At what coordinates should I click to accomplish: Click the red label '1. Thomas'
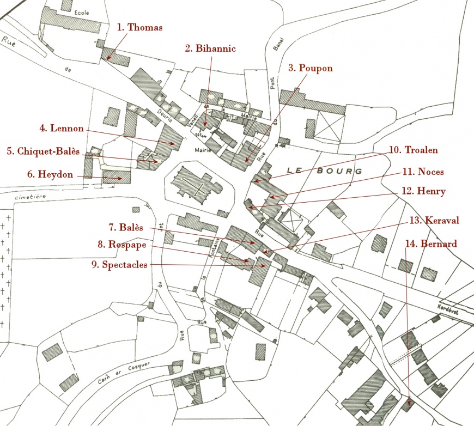(140, 27)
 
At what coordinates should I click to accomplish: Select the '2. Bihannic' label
(210, 48)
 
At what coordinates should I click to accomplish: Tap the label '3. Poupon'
(310, 68)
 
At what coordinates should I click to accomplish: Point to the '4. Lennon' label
(62, 129)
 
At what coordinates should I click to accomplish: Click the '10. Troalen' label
(414, 149)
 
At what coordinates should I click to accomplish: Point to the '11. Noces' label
(423, 172)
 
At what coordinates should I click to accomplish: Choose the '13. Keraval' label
(434, 220)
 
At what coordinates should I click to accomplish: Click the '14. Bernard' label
(430, 243)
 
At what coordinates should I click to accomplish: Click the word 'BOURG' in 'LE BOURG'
(343, 171)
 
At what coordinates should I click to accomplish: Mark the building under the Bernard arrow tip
(406, 405)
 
